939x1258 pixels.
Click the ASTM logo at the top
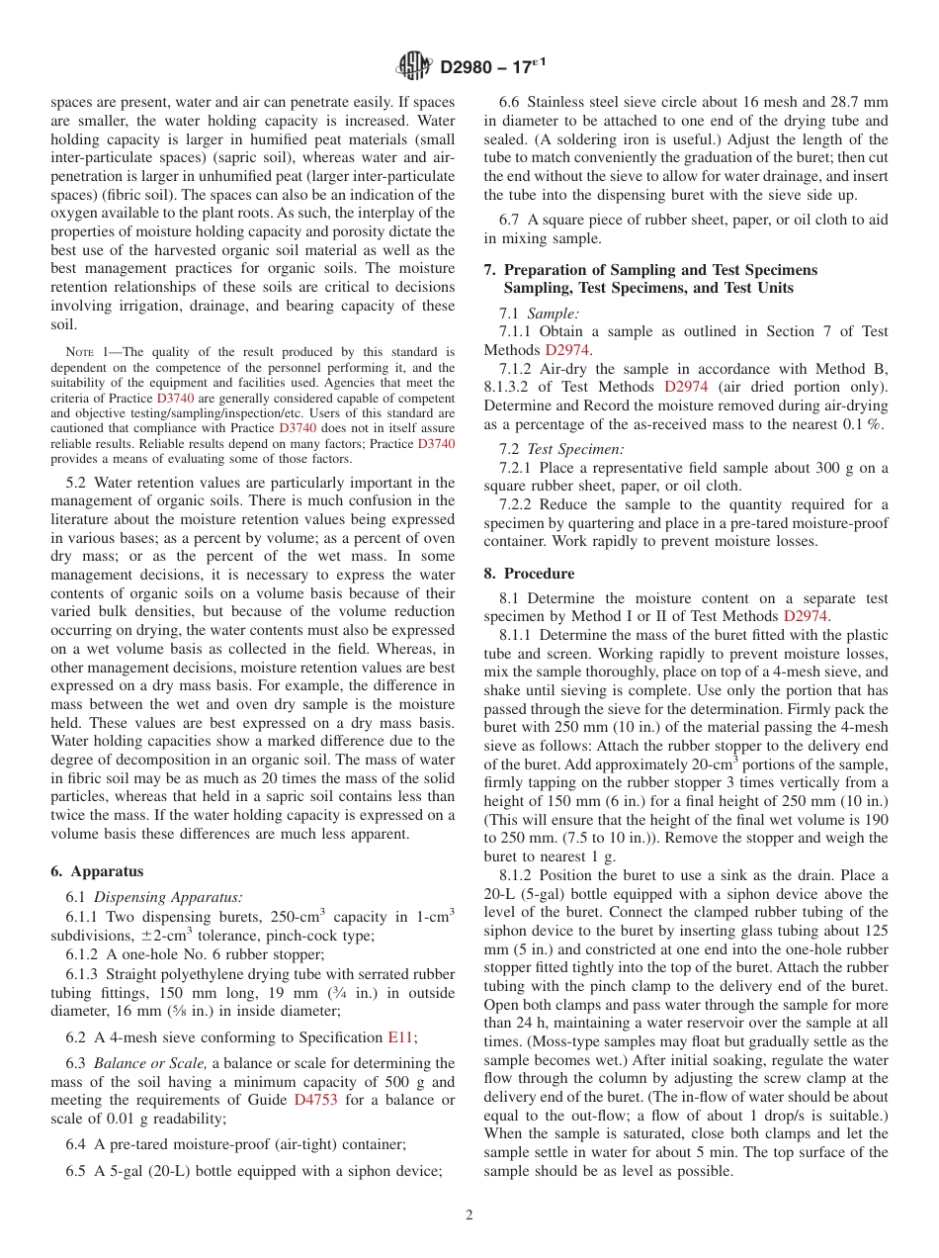point(413,67)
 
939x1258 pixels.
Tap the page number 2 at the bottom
point(469,1215)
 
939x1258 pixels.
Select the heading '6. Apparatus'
point(96,871)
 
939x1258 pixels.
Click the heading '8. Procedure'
point(529,574)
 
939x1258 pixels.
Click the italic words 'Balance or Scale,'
point(150,1063)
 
